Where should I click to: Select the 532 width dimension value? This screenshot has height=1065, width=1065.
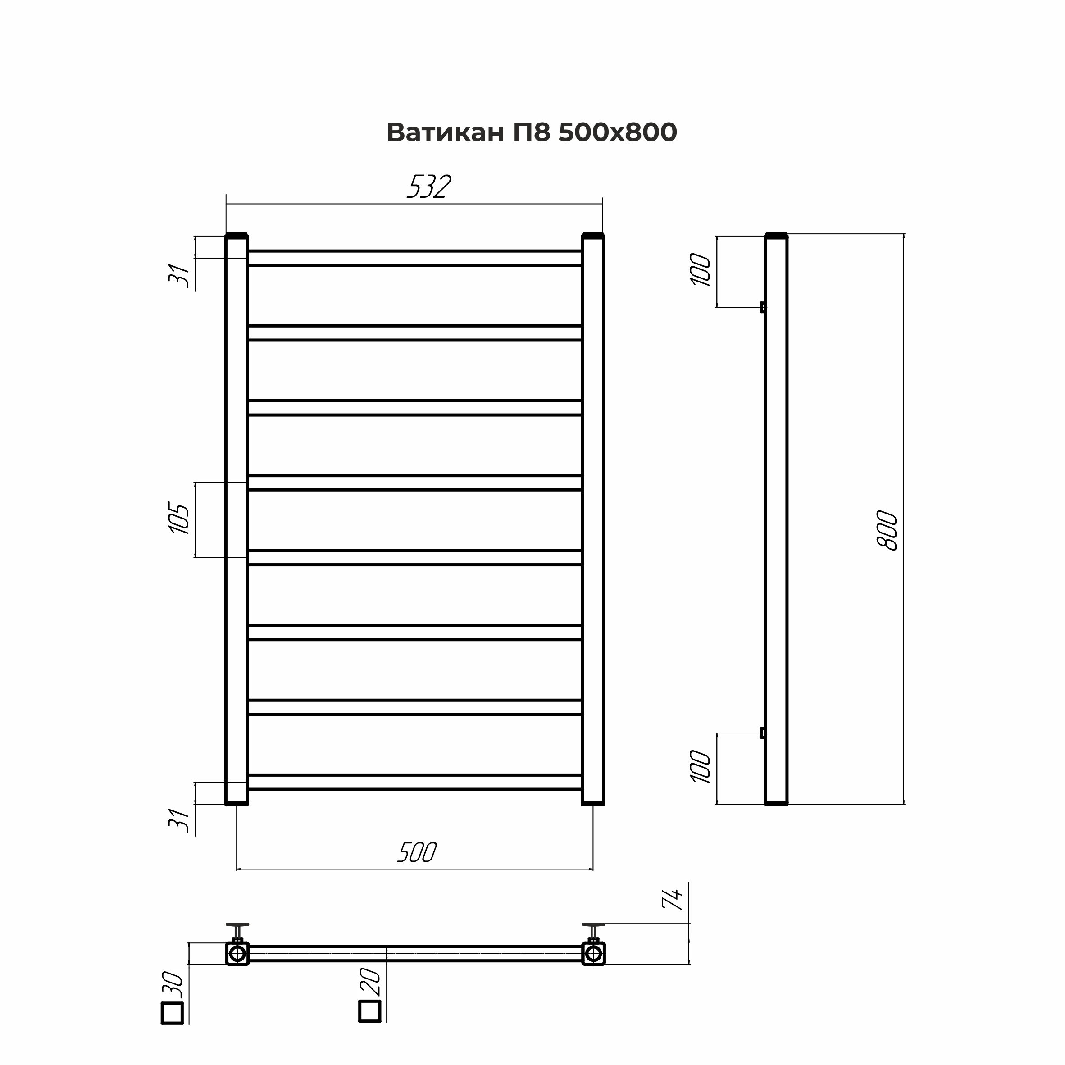[x=429, y=187]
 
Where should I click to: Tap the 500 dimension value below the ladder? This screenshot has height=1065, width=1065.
[x=417, y=853]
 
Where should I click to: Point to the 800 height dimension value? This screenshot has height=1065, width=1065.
[x=887, y=530]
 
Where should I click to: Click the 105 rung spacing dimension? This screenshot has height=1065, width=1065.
[x=179, y=518]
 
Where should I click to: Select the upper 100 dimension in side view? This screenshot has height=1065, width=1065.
[x=701, y=269]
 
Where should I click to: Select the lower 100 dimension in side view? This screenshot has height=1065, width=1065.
[x=701, y=766]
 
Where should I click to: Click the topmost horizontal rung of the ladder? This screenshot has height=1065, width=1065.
[x=414, y=258]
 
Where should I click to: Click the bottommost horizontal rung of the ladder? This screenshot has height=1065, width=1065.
[x=414, y=782]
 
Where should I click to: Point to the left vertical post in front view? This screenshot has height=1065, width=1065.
[x=237, y=518]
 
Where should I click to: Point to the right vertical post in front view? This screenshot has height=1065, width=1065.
[x=593, y=518]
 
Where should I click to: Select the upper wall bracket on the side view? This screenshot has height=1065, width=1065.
[x=762, y=307]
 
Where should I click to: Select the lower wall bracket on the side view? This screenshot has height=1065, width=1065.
[x=762, y=733]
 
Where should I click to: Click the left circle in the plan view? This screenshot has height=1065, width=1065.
[x=237, y=953]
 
